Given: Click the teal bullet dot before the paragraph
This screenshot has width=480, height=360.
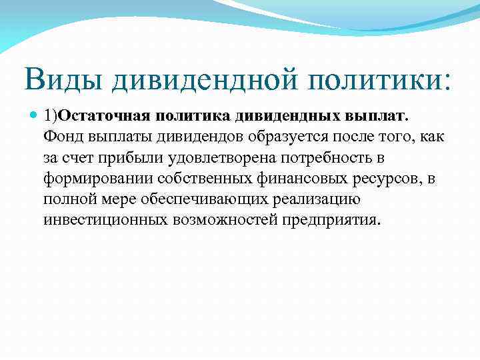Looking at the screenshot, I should coord(35,116).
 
